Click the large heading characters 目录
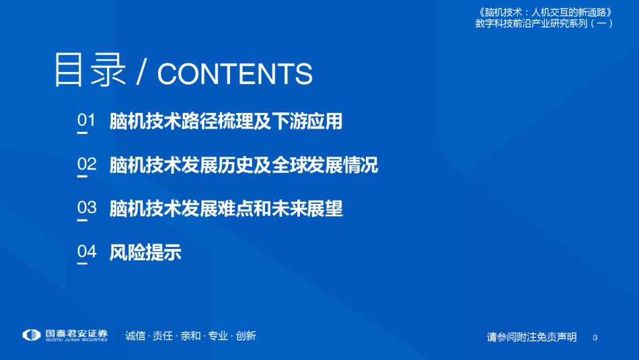tap(89, 70)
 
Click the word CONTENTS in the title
tap(235, 74)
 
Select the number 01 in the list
tap(86, 120)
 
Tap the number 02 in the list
tap(87, 164)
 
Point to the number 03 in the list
tap(87, 207)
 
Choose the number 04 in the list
tap(87, 251)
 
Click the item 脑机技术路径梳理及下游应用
tap(226, 121)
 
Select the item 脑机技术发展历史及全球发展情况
tap(243, 165)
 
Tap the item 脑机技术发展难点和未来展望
tap(226, 209)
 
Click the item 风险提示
tap(145, 252)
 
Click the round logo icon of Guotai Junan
tap(32, 335)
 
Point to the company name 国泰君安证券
tap(76, 334)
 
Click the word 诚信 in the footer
tap(135, 336)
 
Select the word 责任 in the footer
tap(163, 336)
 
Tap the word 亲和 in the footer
tap(190, 336)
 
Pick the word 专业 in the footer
tap(218, 336)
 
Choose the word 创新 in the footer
tap(246, 336)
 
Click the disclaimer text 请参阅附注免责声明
tap(532, 337)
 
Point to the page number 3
tap(595, 338)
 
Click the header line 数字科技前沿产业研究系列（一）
tap(544, 24)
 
